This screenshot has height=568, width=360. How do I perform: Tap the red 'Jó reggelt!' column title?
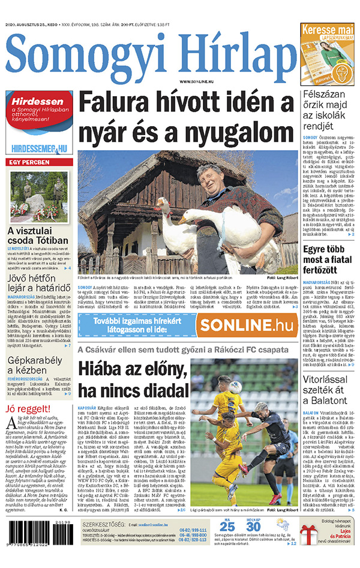[26, 409]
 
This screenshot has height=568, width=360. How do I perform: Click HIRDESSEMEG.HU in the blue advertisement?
[39, 148]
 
